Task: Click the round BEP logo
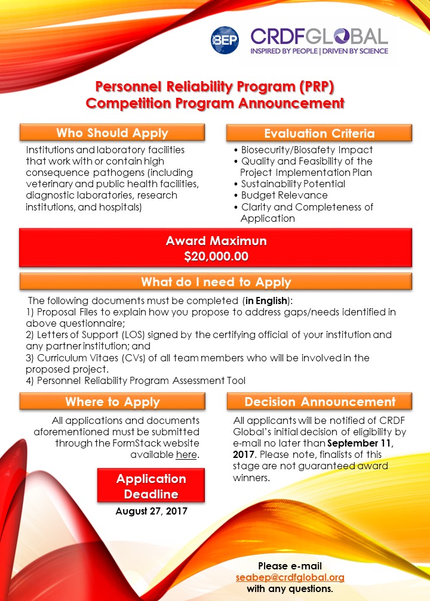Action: click(x=225, y=41)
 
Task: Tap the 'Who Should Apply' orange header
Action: click(x=112, y=132)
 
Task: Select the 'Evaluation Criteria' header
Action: click(x=319, y=133)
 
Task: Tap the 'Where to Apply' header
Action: click(x=112, y=401)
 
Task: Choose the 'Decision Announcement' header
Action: click(x=320, y=401)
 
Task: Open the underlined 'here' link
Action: click(x=187, y=455)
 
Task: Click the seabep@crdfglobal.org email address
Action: click(x=290, y=577)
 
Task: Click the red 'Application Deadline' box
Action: click(x=151, y=486)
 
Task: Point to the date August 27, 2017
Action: click(x=151, y=511)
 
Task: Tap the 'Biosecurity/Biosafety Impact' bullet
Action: click(x=307, y=150)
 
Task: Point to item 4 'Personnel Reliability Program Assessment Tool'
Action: click(x=136, y=380)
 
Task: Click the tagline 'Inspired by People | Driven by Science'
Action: click(x=319, y=51)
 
